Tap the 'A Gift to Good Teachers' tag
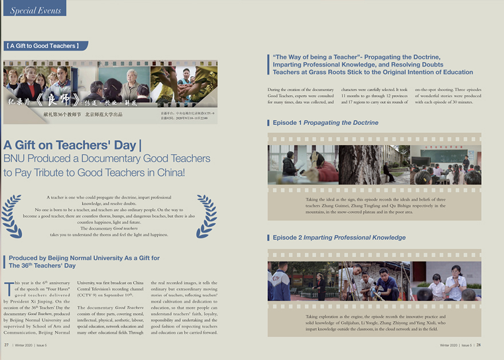pos(45,46)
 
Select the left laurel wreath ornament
pos(12,216)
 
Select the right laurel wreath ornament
pos(206,216)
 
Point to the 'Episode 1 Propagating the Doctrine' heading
pos(325,123)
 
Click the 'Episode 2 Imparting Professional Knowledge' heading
pos(338,237)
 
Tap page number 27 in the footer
pos(6,345)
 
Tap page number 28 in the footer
pos(478,345)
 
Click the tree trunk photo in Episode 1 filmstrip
pos(360,165)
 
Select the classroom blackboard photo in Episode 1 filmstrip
pos(446,165)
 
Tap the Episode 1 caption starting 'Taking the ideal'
pos(375,206)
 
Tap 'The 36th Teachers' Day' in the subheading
pos(42,266)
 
